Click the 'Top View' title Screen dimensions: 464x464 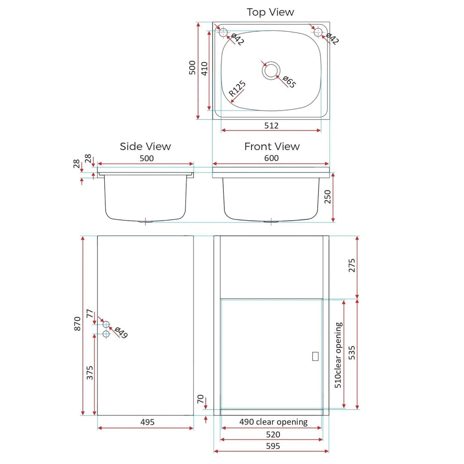270,12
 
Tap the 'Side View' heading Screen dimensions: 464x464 145,146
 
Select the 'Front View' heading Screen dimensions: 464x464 272,146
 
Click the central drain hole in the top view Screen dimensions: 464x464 271,71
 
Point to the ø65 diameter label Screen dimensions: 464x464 289,82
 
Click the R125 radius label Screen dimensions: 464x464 237,89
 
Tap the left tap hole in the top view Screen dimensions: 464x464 223,32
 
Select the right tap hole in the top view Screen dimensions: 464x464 318,32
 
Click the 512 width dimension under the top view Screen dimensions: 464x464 271,126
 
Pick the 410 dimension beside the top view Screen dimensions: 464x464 204,69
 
